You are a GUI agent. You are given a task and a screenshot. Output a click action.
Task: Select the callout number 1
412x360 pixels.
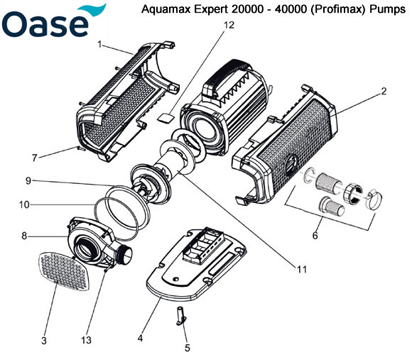click(x=101, y=44)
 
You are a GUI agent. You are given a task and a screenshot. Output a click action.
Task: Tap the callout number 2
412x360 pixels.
click(x=383, y=91)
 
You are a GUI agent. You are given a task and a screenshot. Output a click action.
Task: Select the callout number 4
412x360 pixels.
click(x=141, y=339)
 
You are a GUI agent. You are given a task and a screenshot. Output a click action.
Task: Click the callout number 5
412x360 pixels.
click(x=188, y=348)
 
